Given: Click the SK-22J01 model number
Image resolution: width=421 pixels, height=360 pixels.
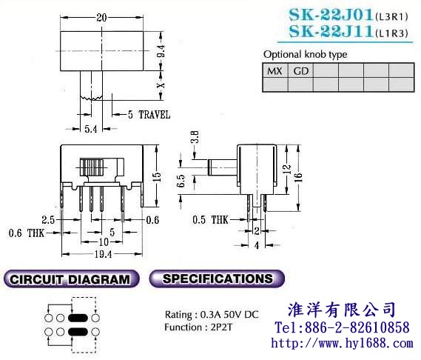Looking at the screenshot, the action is click(331, 15).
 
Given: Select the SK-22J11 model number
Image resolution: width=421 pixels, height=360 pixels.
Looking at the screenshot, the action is click(331, 31).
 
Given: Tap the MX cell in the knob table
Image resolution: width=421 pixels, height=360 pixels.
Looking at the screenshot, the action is click(275, 71).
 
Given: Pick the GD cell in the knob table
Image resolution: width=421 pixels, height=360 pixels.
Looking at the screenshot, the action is click(300, 71).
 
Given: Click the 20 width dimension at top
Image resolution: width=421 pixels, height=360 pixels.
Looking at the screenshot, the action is click(101, 18).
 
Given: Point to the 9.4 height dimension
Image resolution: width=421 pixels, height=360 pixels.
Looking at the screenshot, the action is click(161, 51).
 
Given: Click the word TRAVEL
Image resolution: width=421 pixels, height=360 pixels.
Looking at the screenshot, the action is click(155, 115).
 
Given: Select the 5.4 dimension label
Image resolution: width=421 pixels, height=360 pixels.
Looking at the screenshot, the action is click(91, 130).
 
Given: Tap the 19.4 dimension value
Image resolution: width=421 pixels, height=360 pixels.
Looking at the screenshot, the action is click(103, 254).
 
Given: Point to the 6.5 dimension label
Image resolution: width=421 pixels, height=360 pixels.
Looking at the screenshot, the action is click(181, 181).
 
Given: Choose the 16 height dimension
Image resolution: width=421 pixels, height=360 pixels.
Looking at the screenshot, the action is click(298, 178).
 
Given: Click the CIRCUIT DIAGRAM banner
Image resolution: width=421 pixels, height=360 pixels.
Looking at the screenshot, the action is click(72, 279).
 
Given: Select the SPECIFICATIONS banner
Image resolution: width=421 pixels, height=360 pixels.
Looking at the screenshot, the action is click(217, 279).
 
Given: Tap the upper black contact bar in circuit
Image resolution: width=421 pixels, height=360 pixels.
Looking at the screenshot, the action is click(78, 318).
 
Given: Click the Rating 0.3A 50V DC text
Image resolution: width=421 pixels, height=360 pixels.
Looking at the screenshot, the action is click(212, 315).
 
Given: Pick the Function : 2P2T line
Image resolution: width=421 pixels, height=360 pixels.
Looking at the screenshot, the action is click(198, 327).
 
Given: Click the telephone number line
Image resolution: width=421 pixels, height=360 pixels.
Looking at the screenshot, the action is click(342, 327).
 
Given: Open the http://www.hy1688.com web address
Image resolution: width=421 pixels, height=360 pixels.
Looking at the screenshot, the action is click(342, 343).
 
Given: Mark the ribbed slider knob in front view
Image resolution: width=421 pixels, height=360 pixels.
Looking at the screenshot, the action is click(92, 167).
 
